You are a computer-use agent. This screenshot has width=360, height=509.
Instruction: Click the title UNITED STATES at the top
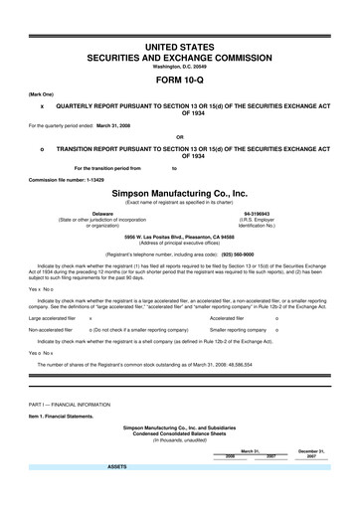click(x=180, y=47)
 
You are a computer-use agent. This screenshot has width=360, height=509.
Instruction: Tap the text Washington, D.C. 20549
click(x=180, y=67)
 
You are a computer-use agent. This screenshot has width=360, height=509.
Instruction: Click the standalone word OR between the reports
click(x=180, y=136)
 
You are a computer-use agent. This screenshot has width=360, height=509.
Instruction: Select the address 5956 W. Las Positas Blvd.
click(x=180, y=238)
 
